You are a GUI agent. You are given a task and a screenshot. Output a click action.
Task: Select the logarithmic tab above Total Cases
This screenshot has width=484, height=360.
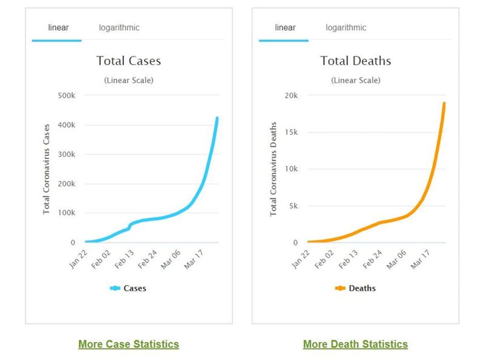click(119, 28)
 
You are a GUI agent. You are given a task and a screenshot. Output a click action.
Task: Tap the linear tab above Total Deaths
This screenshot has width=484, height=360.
click(285, 28)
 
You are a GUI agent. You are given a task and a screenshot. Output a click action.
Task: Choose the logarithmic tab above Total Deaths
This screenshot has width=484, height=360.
click(346, 28)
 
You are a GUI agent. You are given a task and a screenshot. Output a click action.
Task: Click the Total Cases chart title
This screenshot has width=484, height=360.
click(129, 61)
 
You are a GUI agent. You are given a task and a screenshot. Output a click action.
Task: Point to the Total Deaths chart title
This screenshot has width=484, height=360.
click(355, 61)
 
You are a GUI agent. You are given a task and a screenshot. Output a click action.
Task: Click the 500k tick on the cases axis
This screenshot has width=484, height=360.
click(67, 95)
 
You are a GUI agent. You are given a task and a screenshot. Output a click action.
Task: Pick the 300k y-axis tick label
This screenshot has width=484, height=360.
click(67, 154)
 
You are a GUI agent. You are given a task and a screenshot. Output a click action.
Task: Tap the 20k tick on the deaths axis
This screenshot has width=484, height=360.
click(291, 96)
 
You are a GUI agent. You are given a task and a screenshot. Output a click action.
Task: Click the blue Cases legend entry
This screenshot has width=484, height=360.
click(128, 289)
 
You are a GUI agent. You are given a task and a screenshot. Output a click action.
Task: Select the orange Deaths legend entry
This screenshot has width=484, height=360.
click(355, 289)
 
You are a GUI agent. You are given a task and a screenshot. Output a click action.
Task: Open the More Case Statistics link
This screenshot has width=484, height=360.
click(129, 344)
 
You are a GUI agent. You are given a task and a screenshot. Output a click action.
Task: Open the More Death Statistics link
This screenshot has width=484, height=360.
click(355, 344)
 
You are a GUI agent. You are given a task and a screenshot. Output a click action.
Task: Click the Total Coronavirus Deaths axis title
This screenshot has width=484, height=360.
click(273, 169)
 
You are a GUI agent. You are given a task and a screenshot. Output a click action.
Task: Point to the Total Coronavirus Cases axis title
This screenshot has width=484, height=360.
click(47, 169)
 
